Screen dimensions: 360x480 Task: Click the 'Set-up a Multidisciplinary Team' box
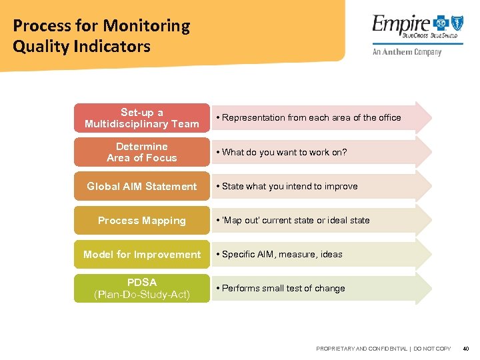(141, 118)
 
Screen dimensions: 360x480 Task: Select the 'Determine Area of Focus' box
(141, 152)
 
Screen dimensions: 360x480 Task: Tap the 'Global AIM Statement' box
(141, 186)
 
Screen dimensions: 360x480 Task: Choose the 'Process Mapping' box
(141, 220)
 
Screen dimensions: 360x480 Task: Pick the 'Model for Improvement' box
(141, 254)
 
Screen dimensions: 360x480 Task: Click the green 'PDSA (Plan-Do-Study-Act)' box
(141, 288)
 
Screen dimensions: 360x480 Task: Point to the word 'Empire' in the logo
(401, 27)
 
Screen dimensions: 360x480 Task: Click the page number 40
(465, 349)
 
